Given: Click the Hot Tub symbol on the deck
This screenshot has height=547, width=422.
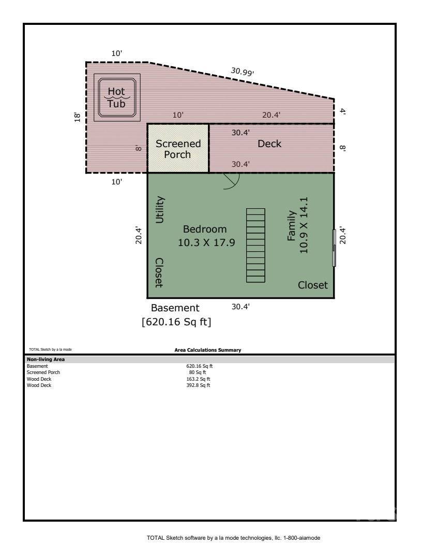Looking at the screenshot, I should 116,97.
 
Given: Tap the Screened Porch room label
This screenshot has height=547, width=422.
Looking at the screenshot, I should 178,149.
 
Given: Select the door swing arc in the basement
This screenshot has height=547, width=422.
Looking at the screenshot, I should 232,181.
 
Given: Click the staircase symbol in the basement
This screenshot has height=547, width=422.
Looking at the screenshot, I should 255,245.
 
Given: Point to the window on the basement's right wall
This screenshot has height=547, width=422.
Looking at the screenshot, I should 334,248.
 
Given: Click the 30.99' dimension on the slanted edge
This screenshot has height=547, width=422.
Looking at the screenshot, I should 242,72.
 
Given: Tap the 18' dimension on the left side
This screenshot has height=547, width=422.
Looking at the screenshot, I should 77,117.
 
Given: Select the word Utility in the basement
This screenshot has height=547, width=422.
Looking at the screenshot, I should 160,210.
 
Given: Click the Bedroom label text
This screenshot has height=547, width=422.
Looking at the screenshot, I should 205,229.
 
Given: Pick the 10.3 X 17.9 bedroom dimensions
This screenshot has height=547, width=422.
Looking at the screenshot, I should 205,242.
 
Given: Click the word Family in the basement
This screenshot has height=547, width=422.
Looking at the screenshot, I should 292,226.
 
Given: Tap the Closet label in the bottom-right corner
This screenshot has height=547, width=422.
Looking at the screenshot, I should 312,285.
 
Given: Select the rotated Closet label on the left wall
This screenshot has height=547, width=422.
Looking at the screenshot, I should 159,272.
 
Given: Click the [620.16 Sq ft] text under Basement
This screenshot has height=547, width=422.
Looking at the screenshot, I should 176,322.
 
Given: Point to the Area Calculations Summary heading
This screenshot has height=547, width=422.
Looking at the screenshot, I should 207,351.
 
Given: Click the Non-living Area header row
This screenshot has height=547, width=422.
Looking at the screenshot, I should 46,359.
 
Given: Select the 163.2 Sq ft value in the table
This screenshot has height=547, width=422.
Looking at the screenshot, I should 198,379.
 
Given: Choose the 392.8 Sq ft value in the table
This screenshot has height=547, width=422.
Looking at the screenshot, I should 198,385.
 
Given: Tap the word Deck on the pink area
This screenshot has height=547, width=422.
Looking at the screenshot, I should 269,144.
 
